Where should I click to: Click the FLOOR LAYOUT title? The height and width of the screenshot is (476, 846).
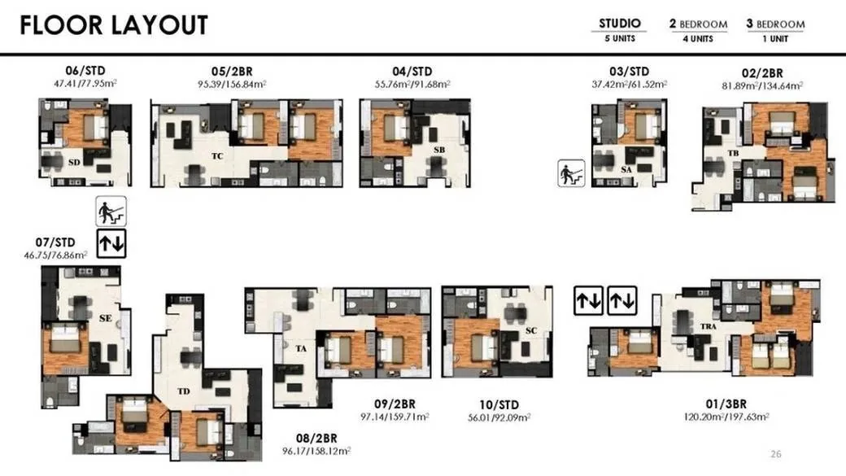click(114, 25)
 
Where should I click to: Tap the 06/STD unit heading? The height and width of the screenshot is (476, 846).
click(85, 71)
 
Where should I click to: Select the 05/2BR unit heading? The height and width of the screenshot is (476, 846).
click(232, 72)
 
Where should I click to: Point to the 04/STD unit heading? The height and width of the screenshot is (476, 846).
click(412, 72)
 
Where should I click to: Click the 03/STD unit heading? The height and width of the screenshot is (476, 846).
click(629, 72)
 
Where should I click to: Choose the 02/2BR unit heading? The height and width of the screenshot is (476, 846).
click(762, 73)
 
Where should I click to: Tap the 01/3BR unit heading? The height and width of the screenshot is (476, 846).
click(726, 404)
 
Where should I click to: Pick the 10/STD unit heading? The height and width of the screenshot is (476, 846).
click(499, 404)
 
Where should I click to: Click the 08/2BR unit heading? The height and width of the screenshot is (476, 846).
click(316, 439)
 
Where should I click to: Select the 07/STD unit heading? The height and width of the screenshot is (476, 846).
click(55, 242)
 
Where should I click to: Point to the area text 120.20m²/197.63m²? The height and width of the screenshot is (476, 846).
click(726, 417)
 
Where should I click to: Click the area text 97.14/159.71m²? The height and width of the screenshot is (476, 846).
click(395, 417)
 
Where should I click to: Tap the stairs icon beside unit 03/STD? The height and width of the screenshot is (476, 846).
click(571, 174)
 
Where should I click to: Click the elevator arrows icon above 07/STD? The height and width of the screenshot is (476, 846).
click(111, 243)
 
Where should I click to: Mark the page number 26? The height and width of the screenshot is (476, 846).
click(776, 454)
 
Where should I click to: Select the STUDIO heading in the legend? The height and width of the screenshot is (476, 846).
click(620, 24)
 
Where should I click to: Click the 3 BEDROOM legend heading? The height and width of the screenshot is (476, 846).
click(775, 24)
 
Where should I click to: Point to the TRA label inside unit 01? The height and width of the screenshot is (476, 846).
click(709, 326)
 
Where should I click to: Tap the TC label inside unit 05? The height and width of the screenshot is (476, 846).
click(217, 156)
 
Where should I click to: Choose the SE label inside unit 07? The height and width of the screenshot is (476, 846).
click(106, 318)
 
